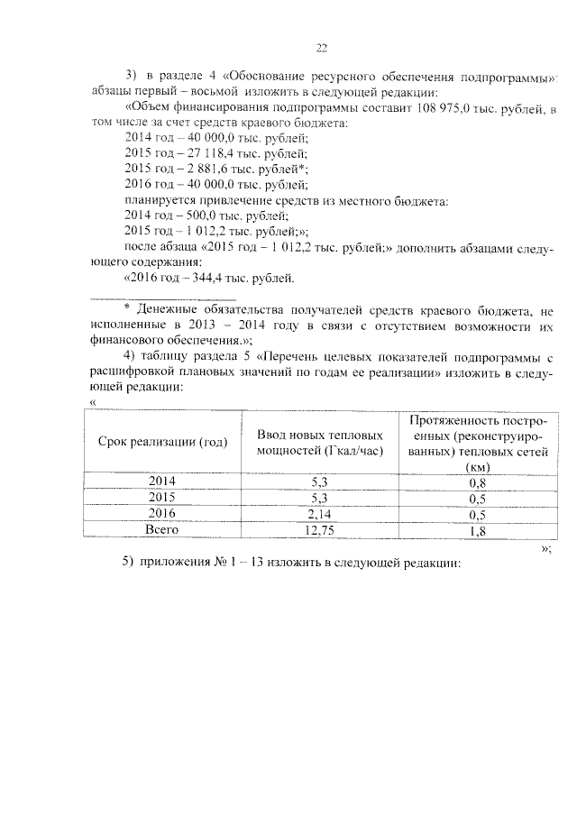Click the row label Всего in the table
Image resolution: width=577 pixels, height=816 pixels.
[x=162, y=530]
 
